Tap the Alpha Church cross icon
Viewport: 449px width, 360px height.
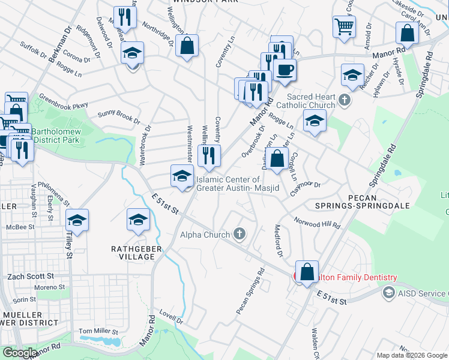pyautogui.click(x=240, y=233)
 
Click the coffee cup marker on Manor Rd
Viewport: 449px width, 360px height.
pyautogui.click(x=284, y=70)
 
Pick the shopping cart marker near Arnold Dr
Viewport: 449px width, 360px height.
pyautogui.click(x=345, y=26)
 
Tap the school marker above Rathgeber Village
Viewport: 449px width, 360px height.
pyautogui.click(x=138, y=220)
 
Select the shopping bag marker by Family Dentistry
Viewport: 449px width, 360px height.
pyautogui.click(x=307, y=272)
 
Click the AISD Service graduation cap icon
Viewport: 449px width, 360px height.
pyautogui.click(x=388, y=292)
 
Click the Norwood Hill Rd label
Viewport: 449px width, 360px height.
pyautogui.click(x=317, y=223)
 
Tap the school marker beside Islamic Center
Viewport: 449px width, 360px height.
pyautogui.click(x=182, y=176)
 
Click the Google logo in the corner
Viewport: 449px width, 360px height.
pyautogui.click(x=20, y=353)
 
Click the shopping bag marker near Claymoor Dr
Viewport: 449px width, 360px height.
pyautogui.click(x=277, y=160)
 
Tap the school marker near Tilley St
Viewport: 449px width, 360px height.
pyautogui.click(x=77, y=221)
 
